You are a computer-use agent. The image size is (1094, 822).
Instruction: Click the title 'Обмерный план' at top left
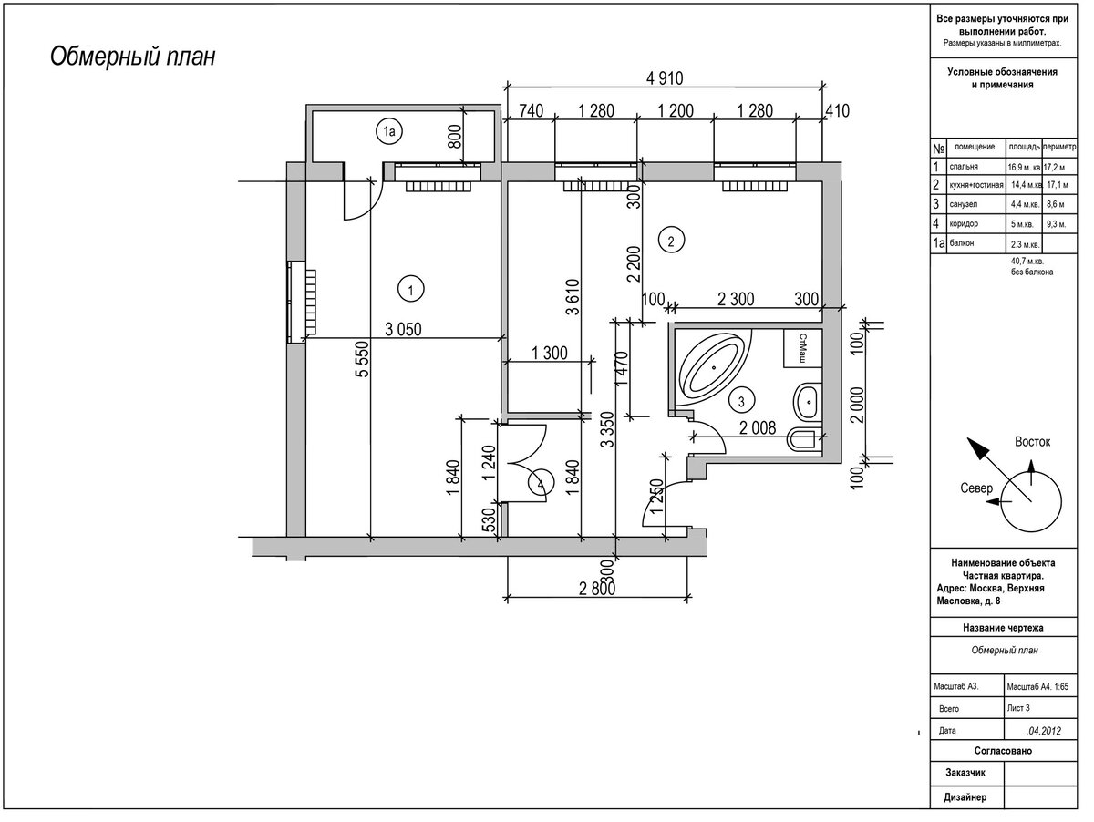132,57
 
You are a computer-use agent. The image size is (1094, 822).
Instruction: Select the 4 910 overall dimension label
665,78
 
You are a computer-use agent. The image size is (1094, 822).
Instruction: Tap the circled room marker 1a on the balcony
388,131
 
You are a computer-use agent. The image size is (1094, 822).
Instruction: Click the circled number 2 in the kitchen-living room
671,241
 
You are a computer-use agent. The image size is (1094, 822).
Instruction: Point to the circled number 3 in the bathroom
741,401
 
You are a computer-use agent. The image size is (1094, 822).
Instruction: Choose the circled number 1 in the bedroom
410,290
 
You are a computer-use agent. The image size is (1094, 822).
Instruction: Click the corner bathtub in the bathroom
713,366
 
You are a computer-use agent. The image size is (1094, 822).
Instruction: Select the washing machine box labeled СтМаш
802,348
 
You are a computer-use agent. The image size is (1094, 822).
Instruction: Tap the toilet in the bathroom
804,439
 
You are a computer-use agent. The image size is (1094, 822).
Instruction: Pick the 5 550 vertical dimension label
363,359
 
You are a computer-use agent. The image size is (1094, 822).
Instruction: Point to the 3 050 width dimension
403,329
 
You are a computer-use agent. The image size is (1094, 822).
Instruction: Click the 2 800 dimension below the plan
597,589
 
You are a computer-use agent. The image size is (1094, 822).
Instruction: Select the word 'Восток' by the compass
1032,442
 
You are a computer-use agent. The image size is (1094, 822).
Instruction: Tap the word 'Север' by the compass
975,488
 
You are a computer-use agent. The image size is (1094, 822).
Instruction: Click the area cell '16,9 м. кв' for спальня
1024,168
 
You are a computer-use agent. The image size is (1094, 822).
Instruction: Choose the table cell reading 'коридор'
964,223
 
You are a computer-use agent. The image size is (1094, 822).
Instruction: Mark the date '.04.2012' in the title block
1043,731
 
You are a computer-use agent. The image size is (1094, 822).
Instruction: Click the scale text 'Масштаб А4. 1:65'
1037,686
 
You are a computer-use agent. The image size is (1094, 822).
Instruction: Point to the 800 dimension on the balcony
455,136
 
